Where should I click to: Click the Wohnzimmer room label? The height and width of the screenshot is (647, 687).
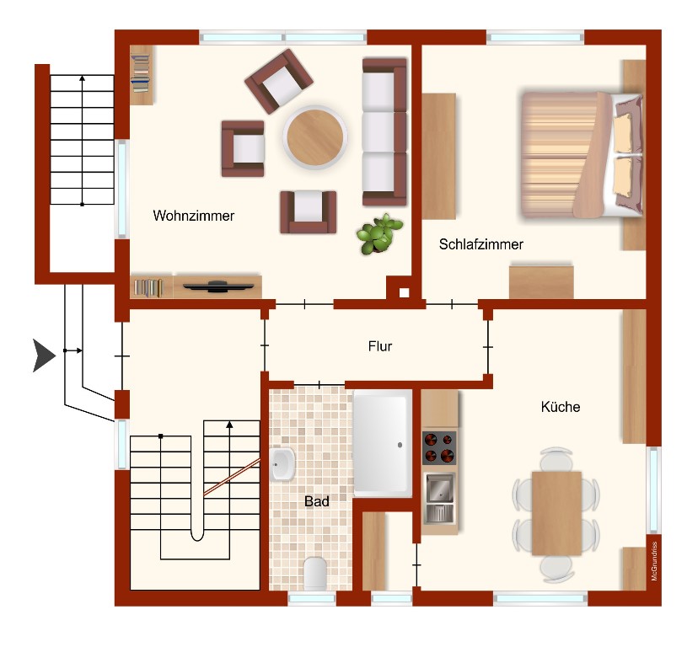(193, 216)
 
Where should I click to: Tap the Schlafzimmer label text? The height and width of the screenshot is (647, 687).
(481, 243)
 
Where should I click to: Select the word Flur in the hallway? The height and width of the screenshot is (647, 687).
(380, 346)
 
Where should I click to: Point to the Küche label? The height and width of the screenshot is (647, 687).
(561, 407)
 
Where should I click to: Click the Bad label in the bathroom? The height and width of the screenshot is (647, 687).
(316, 501)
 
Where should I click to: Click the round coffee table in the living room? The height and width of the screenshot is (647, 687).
(315, 137)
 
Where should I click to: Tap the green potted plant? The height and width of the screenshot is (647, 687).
(378, 234)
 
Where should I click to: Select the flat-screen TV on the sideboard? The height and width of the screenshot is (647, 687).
(218, 286)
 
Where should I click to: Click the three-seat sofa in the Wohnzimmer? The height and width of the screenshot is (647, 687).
(384, 131)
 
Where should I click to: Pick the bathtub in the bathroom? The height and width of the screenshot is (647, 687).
(382, 444)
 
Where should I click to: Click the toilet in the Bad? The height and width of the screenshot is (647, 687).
(315, 573)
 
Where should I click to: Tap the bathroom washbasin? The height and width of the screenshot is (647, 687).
(282, 464)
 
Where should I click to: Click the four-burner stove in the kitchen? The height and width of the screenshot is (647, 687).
(439, 448)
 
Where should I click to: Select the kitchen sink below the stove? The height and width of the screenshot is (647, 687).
(439, 498)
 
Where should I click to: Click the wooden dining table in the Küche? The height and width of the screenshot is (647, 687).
(556, 513)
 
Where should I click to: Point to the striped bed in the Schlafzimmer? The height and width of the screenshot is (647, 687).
(582, 154)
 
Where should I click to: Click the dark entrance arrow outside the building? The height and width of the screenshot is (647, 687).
(44, 356)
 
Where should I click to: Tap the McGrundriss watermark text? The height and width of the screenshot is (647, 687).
(654, 561)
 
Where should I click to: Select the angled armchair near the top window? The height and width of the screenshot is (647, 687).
(279, 81)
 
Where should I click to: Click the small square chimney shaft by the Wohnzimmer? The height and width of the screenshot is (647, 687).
(404, 292)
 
